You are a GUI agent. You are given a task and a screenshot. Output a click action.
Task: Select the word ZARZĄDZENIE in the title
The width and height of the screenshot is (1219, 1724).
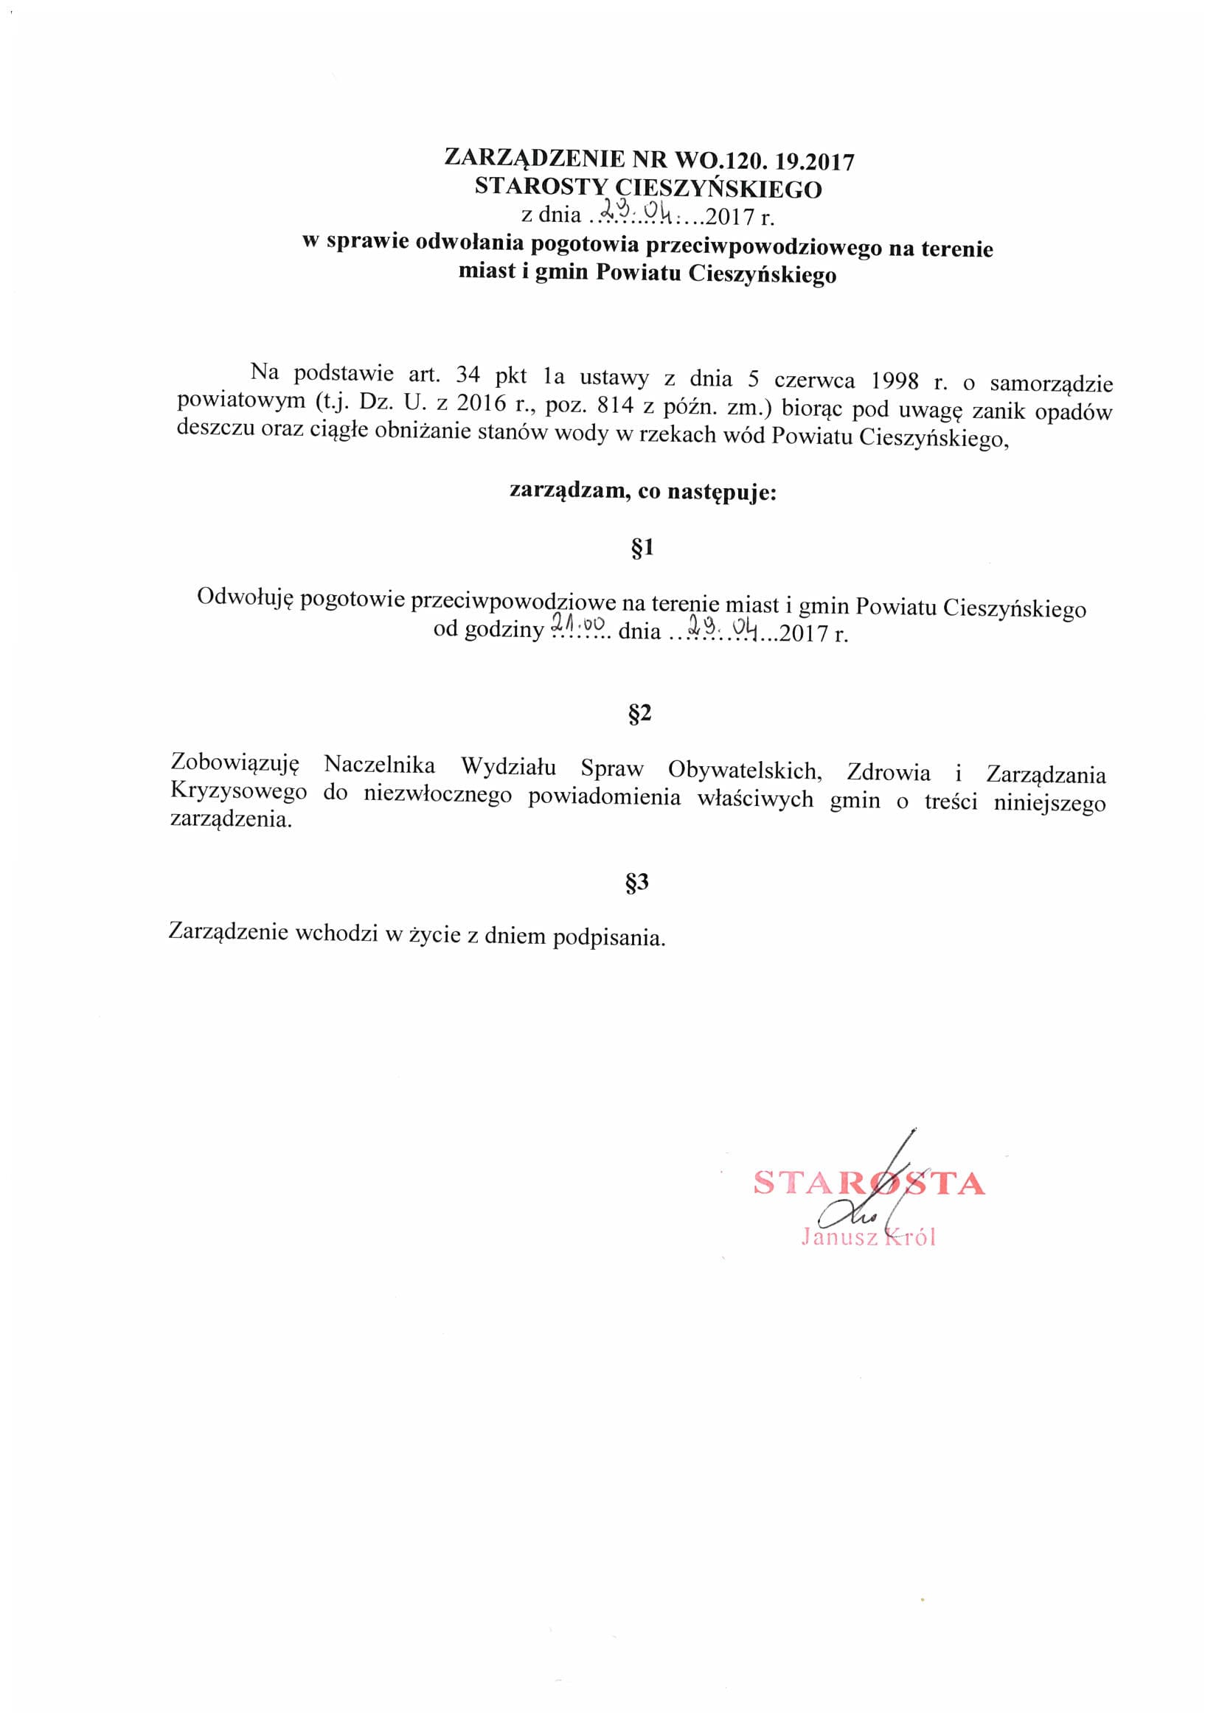[534, 159]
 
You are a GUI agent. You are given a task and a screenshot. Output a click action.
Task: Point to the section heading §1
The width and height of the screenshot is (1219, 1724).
[643, 548]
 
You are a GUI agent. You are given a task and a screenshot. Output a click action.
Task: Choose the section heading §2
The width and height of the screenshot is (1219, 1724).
[640, 713]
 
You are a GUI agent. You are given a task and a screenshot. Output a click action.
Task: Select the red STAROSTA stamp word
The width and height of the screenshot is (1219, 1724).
[868, 1183]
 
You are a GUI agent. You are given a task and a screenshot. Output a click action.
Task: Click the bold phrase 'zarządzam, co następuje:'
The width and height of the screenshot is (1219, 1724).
[642, 493]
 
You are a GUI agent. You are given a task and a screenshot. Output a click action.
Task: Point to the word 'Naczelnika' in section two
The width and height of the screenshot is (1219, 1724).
[379, 765]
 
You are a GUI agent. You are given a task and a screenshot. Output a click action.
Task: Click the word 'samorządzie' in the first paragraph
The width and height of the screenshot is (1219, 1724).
[1051, 384]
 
